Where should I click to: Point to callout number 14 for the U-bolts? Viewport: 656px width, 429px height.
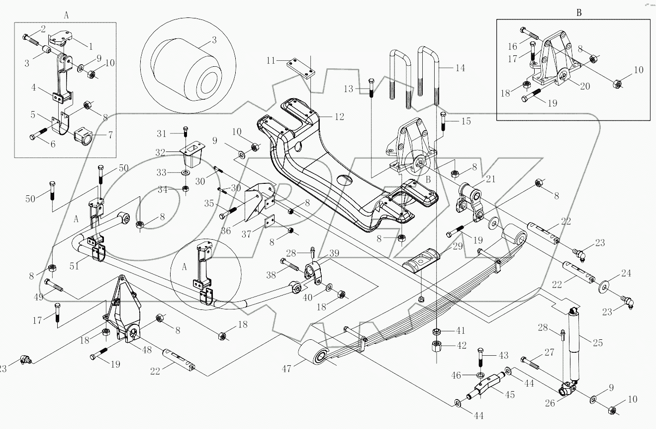point(460,67)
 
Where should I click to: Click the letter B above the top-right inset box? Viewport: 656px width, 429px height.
point(578,13)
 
